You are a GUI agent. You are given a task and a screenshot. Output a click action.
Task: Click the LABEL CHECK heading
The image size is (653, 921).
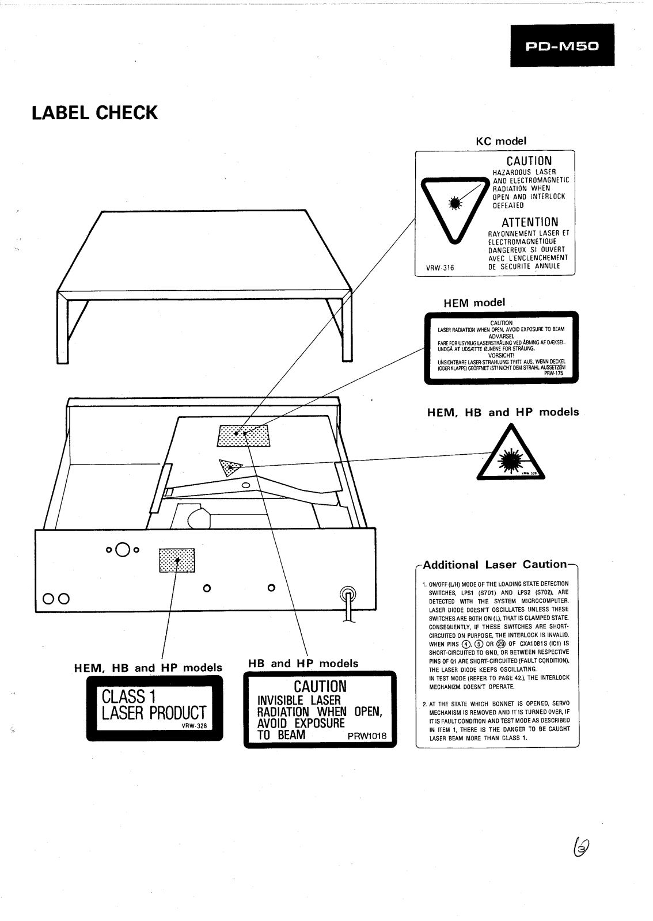point(94,113)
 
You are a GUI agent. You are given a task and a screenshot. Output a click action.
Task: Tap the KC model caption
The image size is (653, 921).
point(500,140)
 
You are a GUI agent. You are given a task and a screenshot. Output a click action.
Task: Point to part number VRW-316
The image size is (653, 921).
point(440,267)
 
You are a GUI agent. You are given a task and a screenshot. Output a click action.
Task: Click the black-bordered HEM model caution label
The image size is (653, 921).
point(501,348)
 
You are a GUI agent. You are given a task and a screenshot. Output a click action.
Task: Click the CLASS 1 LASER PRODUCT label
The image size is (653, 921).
point(154,708)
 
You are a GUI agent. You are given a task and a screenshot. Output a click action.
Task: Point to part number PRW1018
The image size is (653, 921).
point(367,736)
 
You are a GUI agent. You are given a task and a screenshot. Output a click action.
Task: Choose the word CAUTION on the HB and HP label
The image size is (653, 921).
point(320,686)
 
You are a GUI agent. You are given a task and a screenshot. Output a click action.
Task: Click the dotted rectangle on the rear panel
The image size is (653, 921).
point(177,560)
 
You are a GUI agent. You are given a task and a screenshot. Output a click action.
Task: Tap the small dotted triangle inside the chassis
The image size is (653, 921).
point(230,467)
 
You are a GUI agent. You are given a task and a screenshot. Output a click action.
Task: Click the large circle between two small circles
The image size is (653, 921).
point(122,550)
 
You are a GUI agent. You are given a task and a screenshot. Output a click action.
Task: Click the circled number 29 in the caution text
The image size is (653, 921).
point(501,644)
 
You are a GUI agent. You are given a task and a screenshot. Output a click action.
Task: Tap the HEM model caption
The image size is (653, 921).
point(474,302)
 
